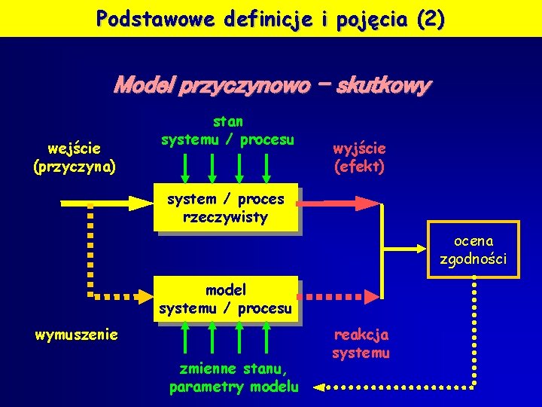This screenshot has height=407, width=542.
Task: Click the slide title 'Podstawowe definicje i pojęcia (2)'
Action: tap(270, 18)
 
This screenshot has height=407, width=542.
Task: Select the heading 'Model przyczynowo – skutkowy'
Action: tap(271, 86)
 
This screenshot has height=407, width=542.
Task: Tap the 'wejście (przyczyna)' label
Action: tap(75, 157)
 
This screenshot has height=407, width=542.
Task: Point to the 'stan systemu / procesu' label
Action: tap(227, 130)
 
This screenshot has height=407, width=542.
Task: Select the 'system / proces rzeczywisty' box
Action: tap(226, 208)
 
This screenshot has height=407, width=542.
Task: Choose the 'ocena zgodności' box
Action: tap(473, 250)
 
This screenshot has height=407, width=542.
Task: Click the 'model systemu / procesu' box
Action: tap(226, 299)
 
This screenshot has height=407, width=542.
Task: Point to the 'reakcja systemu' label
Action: tap(361, 344)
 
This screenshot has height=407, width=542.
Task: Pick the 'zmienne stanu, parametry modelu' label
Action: tap(233, 378)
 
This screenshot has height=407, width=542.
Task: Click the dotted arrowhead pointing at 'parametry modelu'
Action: tap(319, 387)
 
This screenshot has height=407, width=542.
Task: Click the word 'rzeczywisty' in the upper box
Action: tap(226, 217)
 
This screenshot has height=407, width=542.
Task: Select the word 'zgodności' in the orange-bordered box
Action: tap(473, 259)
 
